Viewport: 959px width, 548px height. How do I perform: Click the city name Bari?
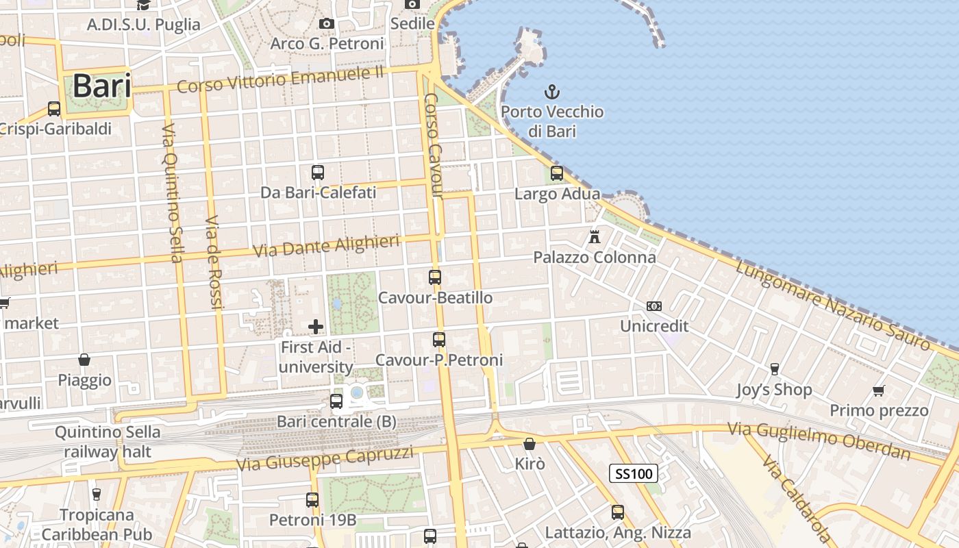click(101, 86)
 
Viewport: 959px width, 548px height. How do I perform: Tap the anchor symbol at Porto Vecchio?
click(551, 91)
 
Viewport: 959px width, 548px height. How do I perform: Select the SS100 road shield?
click(633, 473)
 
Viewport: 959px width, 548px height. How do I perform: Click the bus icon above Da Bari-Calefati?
click(317, 173)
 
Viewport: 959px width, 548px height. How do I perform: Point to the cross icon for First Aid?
click(316, 327)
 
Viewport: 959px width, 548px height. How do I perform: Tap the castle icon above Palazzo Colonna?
click(595, 237)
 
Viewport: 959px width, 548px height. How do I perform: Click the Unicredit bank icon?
click(654, 306)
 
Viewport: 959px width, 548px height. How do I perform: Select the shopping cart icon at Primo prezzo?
click(879, 390)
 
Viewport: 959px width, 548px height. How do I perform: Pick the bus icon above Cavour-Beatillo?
click(435, 277)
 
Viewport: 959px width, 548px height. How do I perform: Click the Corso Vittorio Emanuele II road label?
click(280, 79)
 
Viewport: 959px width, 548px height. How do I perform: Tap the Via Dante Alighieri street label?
click(326, 247)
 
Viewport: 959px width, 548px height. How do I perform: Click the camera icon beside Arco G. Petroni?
click(327, 24)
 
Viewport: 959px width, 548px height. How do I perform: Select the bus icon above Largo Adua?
click(557, 173)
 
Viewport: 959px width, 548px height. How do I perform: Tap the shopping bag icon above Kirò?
click(529, 444)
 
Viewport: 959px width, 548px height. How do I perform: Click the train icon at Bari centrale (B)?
click(336, 401)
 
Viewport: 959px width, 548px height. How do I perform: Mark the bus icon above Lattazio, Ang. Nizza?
click(618, 512)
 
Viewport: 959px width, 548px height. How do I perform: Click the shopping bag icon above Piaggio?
click(84, 360)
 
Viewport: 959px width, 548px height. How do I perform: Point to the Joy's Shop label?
click(774, 390)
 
